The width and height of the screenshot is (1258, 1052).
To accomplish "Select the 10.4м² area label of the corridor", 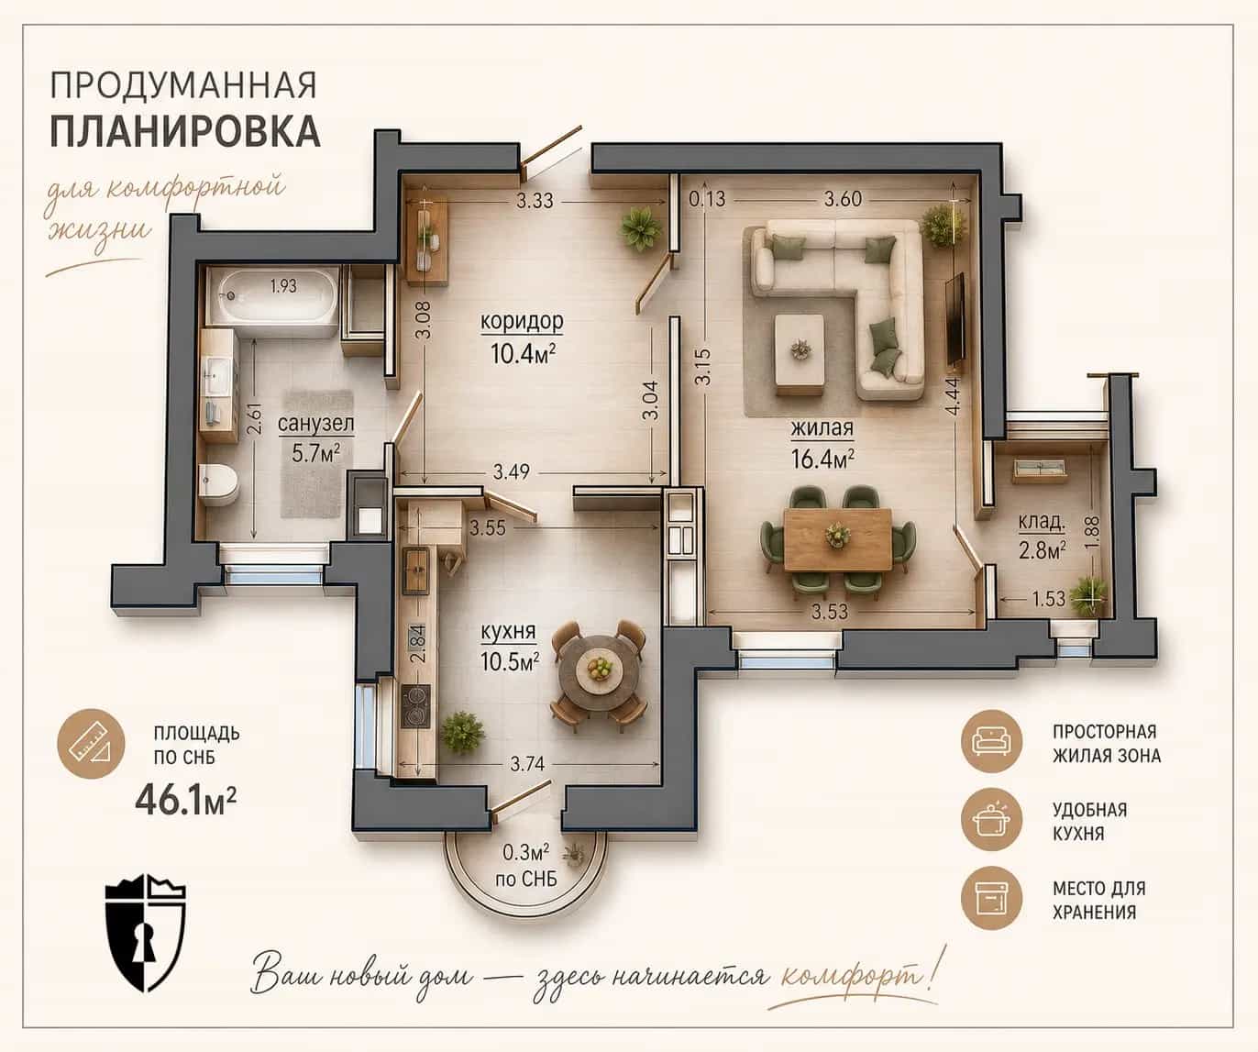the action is click(x=523, y=353).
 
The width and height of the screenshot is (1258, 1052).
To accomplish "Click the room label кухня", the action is click(x=509, y=632).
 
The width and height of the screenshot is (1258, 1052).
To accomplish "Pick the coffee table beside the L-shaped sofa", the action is click(x=800, y=355).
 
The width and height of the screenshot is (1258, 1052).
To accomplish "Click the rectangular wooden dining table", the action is click(x=837, y=539).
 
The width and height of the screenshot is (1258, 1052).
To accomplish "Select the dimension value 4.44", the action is click(x=954, y=396).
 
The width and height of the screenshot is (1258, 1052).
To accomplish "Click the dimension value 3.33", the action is click(x=535, y=200).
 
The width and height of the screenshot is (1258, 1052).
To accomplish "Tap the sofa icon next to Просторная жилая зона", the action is click(x=991, y=740).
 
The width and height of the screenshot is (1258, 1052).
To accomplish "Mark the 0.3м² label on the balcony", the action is click(x=526, y=852).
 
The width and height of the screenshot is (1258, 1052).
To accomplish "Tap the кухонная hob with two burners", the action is click(x=416, y=706).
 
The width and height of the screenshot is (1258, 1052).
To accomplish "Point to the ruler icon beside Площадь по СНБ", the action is click(x=91, y=743).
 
